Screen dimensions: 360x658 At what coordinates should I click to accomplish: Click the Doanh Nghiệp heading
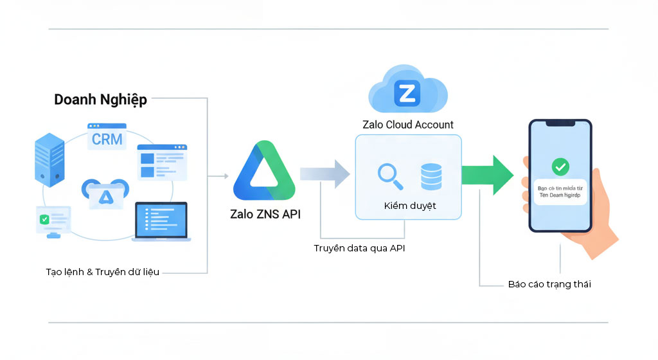[100, 99]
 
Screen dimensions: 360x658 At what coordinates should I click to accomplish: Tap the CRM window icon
[107, 137]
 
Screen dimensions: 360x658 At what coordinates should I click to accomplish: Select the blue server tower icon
[49, 157]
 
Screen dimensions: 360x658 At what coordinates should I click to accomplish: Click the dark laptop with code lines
[161, 221]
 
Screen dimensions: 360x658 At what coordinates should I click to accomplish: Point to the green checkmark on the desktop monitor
[44, 219]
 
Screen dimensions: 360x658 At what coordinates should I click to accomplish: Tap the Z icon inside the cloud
[407, 94]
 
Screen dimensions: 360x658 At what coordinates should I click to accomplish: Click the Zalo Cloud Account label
[408, 125]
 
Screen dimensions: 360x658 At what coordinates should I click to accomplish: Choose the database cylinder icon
[431, 176]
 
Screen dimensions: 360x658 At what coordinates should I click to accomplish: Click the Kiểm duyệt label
[409, 206]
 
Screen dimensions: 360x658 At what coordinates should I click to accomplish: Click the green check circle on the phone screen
[560, 167]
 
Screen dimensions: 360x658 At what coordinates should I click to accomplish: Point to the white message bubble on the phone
[560, 192]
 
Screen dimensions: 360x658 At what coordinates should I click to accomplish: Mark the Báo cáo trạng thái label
[549, 283]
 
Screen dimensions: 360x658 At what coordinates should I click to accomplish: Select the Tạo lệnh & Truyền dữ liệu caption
[102, 272]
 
